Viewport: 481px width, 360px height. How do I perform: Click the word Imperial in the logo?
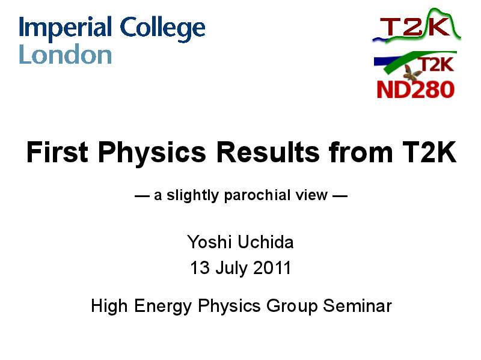[65, 28]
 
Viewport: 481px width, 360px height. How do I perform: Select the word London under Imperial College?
[65, 54]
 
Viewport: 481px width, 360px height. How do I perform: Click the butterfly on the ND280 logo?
[412, 73]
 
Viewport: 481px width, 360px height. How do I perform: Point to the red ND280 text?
[415, 90]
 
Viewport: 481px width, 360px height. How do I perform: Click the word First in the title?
[57, 152]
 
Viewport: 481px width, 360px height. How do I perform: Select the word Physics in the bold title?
[152, 154]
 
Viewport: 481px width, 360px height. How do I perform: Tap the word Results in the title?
[268, 152]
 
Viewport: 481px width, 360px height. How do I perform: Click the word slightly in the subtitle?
[192, 195]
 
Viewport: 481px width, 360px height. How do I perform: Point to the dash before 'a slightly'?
[142, 196]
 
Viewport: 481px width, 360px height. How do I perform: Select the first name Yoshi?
[209, 242]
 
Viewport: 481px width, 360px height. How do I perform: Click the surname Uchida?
[266, 242]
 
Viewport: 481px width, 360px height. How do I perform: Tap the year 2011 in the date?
[272, 267]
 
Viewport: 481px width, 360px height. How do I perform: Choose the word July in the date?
[231, 269]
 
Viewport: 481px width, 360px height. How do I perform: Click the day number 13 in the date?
[200, 267]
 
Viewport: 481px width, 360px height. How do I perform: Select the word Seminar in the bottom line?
[357, 306]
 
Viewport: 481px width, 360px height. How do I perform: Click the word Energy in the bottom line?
[162, 307]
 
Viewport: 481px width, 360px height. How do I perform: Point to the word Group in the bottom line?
[292, 307]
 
